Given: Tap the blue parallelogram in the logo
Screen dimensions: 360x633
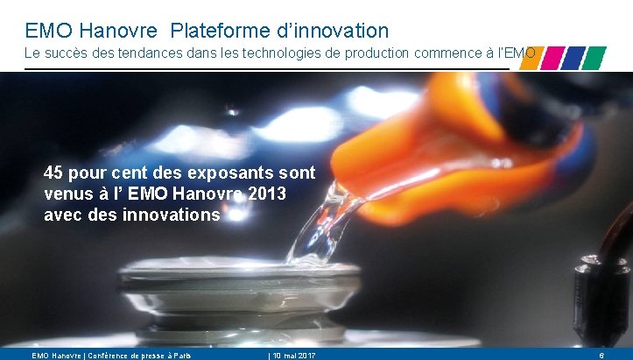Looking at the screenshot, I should coord(573,58).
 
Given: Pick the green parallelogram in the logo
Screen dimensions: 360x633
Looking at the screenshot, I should coord(594,58).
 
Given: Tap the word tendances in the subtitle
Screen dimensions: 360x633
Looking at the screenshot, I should coord(150,54).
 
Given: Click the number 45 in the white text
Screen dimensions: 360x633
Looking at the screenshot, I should coord(54,172).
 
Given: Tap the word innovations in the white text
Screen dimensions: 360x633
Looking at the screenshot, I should coord(173,214).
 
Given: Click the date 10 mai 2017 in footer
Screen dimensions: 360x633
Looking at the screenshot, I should coord(292,355).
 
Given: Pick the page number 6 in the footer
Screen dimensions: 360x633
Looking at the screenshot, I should coord(601,355).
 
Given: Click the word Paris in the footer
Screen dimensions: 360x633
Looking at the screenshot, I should coord(179,355).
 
